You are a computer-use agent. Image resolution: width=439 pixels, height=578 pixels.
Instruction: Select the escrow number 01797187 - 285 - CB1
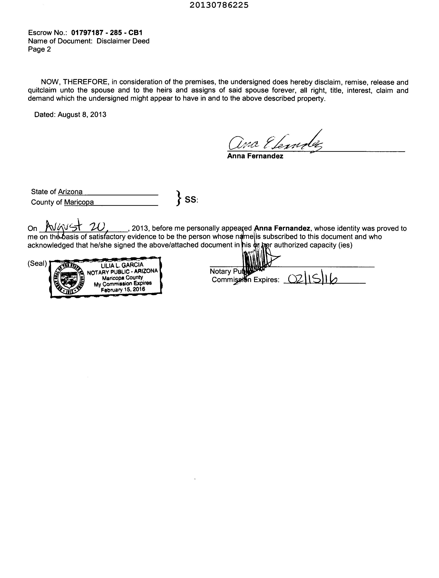tap(107, 33)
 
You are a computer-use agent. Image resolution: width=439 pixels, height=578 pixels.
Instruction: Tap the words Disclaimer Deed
tap(123, 41)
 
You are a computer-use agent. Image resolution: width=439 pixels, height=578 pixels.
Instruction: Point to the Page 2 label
tap(39, 49)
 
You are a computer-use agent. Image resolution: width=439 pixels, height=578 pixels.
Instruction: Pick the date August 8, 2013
tap(82, 115)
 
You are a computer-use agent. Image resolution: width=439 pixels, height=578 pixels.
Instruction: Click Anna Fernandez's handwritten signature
tap(276, 142)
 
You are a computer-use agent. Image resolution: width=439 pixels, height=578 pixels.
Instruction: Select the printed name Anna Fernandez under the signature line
tap(255, 156)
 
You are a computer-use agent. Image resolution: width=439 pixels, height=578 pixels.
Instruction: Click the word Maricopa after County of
tap(79, 202)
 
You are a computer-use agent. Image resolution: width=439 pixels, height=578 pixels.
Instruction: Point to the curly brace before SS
tap(179, 198)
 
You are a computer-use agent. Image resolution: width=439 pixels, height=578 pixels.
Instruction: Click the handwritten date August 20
tap(76, 226)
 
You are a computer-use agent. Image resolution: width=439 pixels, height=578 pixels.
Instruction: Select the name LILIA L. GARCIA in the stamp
tap(122, 266)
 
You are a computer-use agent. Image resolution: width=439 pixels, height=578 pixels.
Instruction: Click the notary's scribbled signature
tap(257, 260)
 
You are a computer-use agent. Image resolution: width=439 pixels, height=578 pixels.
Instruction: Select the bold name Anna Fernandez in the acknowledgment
tap(282, 228)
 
